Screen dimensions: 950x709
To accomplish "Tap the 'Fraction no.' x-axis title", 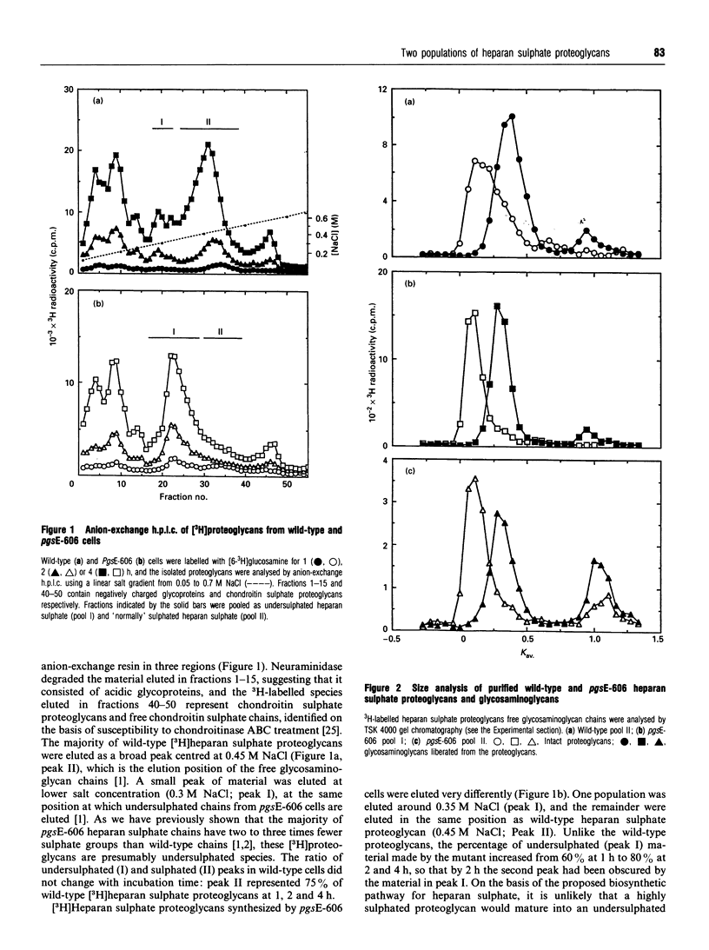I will click(x=181, y=498).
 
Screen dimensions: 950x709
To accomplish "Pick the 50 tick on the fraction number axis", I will click(x=287, y=483).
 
